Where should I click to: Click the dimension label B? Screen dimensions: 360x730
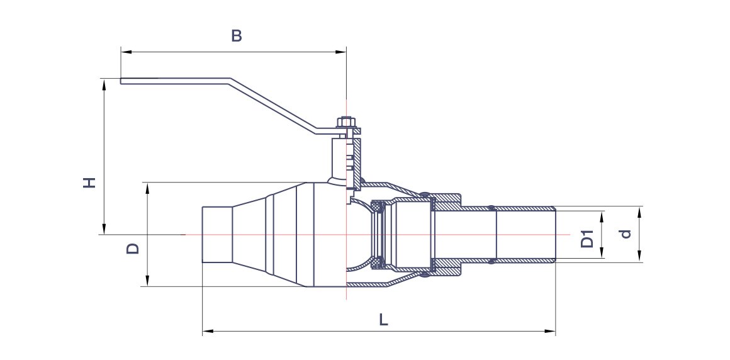[x=237, y=36]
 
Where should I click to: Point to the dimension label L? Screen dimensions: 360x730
[x=383, y=320]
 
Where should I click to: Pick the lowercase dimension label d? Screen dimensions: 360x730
[x=624, y=234]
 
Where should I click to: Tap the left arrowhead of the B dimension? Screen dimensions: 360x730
[x=124, y=52]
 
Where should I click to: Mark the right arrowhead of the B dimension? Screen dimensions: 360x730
[x=343, y=52]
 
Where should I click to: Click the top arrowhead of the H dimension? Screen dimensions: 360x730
[x=104, y=82]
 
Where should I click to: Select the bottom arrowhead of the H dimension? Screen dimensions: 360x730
[x=104, y=231]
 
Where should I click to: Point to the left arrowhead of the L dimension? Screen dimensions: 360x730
[x=206, y=330]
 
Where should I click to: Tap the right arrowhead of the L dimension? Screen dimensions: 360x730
[x=552, y=330]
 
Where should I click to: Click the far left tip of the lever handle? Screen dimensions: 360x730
[x=121, y=81]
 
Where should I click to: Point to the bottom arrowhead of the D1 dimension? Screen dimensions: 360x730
[x=602, y=255]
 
